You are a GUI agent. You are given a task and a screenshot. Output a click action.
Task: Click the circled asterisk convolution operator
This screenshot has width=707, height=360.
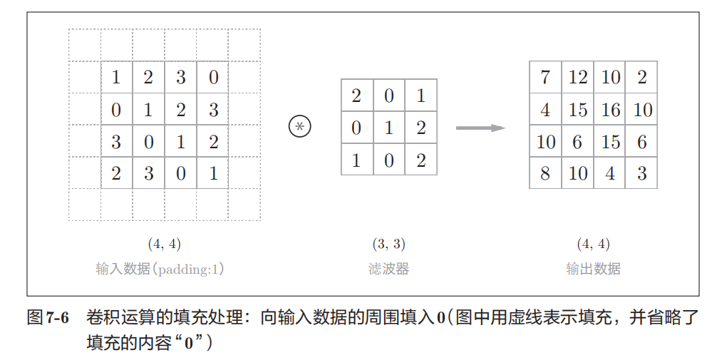[x=300, y=127]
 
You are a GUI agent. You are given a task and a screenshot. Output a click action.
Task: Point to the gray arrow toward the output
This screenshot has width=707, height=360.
[x=480, y=128]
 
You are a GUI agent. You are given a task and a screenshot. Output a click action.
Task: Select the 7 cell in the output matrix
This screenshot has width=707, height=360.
[x=545, y=77]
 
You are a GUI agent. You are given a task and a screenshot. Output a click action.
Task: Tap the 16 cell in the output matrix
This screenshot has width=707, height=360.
[x=610, y=110]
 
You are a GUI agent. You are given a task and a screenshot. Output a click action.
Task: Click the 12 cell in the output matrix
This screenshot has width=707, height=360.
[x=577, y=77]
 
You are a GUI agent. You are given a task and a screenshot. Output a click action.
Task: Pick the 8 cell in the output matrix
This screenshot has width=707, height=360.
[x=545, y=173]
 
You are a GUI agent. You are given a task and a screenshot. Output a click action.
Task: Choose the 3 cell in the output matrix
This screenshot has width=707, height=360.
[x=641, y=173]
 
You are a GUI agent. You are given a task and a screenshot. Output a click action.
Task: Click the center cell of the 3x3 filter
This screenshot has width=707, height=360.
[x=388, y=128]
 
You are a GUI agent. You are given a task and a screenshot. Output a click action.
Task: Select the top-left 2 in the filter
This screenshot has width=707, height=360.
[x=356, y=96]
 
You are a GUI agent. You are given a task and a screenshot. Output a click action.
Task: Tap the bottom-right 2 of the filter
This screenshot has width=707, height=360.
[x=420, y=160]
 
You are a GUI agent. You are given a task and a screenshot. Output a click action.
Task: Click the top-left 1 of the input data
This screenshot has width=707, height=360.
[x=116, y=77]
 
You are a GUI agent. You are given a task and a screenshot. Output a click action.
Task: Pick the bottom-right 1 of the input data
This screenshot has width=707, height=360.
[x=212, y=173]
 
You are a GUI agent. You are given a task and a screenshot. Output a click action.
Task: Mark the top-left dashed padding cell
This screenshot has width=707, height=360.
[x=84, y=45]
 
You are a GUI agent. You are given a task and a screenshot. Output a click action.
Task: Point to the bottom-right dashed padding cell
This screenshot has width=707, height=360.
[x=244, y=205]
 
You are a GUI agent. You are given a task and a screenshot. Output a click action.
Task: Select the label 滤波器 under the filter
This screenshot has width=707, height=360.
[x=388, y=269]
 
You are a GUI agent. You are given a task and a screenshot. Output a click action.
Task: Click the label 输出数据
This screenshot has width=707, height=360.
[x=593, y=269]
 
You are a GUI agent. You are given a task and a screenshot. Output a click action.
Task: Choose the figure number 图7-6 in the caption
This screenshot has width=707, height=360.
[x=48, y=318]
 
